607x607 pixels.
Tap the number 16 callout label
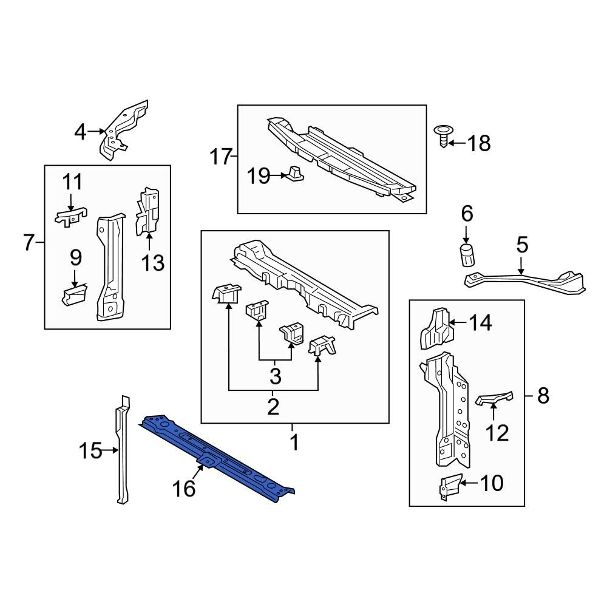pyautogui.click(x=185, y=488)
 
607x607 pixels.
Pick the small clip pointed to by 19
pyautogui.click(x=295, y=174)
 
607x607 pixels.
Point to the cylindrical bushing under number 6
pyautogui.click(x=466, y=256)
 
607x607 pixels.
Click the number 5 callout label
pyautogui.click(x=522, y=246)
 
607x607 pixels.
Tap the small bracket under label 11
pyautogui.click(x=70, y=216)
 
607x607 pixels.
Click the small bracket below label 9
pyautogui.click(x=74, y=296)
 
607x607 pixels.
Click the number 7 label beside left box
pyautogui.click(x=29, y=243)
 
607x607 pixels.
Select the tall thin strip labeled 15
pyautogui.click(x=123, y=449)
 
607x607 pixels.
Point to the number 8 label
pyautogui.click(x=543, y=396)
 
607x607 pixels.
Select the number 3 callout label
pyautogui.click(x=275, y=376)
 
